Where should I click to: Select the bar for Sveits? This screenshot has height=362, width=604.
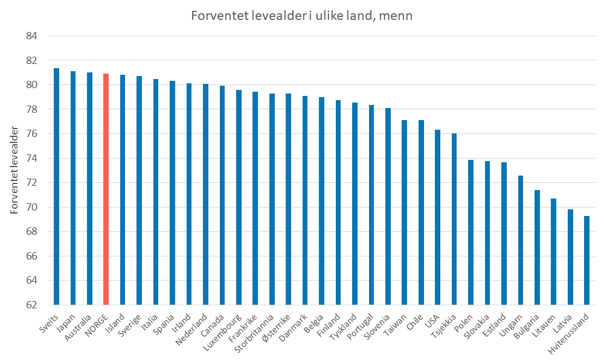tap(57, 186)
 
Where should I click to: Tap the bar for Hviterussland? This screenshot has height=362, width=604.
tap(586, 260)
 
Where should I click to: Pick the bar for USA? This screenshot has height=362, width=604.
tap(437, 217)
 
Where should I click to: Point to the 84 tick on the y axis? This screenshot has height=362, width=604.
tap(31, 36)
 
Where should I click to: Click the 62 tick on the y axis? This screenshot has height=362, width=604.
tap(31, 305)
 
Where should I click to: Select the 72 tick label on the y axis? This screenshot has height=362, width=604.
tap(31, 183)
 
